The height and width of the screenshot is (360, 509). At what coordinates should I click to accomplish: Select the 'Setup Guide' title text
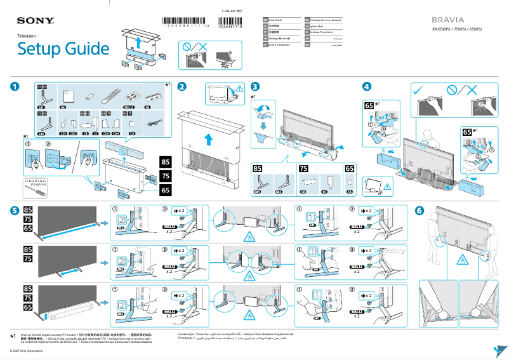63,49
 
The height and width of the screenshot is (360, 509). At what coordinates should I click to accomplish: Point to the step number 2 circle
182,87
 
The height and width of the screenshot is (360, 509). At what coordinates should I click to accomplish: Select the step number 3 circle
255,87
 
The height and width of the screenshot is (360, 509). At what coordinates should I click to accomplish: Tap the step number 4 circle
367,87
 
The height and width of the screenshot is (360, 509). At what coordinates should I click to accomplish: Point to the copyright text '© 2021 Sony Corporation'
23,351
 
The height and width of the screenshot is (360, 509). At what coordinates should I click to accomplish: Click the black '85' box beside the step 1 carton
165,161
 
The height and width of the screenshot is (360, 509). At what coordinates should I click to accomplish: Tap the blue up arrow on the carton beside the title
139,43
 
